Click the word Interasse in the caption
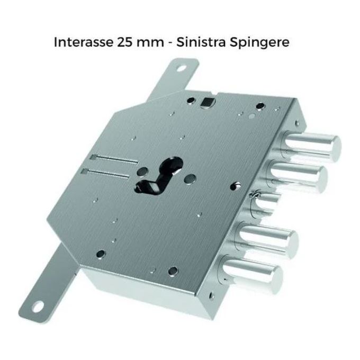click(x=84, y=42)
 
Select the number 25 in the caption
click(x=124, y=42)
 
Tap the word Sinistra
click(x=201, y=42)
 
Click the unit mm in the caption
click(x=150, y=43)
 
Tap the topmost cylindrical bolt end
click(x=310, y=145)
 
